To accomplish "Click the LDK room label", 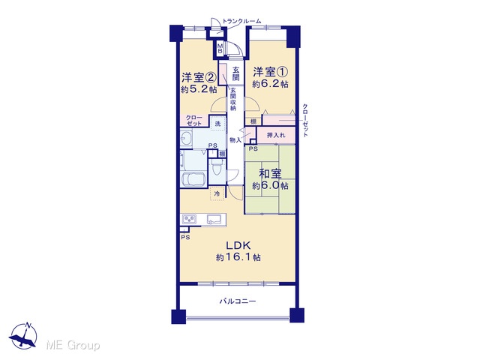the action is [x=238, y=245].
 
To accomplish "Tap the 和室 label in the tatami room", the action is [x=270, y=174].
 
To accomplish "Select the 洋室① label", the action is [x=270, y=72].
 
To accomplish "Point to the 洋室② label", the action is [x=199, y=77].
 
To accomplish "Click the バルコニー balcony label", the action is [x=238, y=301].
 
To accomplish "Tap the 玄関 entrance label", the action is [x=235, y=73].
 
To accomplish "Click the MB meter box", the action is [x=220, y=49].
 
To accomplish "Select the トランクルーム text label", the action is [x=241, y=21].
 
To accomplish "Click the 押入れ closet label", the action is [x=276, y=135].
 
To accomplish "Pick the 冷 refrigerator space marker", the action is [x=217, y=193].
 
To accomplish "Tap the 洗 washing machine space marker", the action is [x=217, y=124].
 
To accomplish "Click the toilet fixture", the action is [x=217, y=167].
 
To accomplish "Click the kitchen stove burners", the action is [x=189, y=219].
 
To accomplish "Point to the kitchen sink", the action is [x=214, y=220].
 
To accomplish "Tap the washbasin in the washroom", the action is [x=185, y=139].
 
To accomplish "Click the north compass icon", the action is [x=23, y=336].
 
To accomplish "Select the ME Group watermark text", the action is [x=73, y=345].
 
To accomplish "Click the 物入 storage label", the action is [x=235, y=140].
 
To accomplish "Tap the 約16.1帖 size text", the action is [x=238, y=257].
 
